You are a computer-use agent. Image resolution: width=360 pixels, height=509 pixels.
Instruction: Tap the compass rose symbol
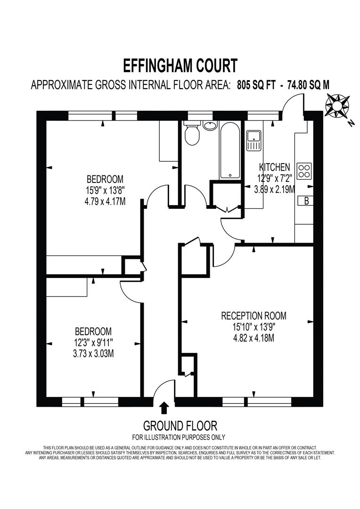click(337, 106)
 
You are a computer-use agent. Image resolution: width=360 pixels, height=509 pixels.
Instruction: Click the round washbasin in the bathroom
click(210, 126)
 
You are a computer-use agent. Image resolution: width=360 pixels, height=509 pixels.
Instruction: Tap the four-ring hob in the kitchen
click(304, 171)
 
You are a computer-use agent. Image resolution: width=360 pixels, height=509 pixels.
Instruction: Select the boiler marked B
click(306, 201)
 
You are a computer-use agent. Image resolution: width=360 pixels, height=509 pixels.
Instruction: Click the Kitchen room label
click(274, 167)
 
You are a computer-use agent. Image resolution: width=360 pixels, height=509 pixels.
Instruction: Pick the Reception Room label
click(254, 316)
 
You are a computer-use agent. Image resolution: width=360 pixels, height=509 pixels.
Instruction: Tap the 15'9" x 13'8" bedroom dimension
click(105, 190)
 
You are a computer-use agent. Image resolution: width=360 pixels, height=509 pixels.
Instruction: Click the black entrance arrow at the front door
click(164, 407)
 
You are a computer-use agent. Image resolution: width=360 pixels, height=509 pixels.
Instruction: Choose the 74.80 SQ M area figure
click(304, 85)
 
